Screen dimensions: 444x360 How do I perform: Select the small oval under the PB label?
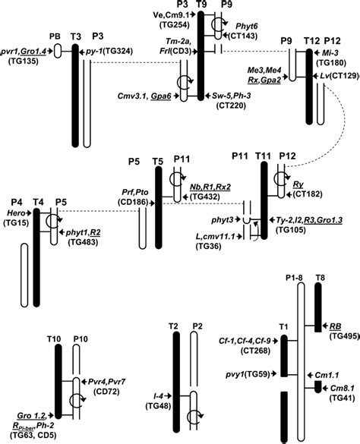(x=54, y=55)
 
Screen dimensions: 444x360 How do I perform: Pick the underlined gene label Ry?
(x=299, y=183)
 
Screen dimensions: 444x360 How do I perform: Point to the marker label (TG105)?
(x=303, y=228)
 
